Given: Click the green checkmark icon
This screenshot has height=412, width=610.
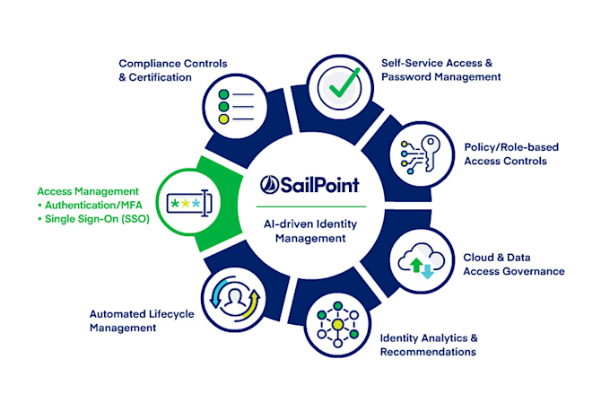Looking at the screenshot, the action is point(344,83).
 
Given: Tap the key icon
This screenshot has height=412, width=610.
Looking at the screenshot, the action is point(431,153).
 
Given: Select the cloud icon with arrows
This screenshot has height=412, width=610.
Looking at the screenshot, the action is point(422,260).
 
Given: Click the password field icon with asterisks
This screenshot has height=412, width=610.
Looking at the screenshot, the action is point(190,203).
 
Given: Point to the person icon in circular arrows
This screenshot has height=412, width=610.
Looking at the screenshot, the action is point(235,299).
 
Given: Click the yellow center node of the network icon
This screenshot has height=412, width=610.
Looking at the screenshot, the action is point(337,324).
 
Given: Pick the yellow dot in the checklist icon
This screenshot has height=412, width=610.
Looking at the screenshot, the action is point(223,118).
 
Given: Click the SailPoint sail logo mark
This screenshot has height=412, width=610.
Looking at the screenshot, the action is point(269,185).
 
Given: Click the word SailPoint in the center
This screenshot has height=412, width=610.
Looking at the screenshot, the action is point(319,185).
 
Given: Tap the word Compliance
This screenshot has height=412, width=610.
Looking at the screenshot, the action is point(150,64).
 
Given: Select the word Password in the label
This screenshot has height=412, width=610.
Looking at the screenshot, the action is point(406,76).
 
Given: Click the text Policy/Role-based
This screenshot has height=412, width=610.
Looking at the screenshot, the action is point(511,147).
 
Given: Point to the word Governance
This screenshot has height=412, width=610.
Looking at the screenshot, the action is point(539,271).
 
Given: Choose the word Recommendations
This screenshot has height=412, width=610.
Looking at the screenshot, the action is point(428,352).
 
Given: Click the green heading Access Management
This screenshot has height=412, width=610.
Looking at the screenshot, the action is point(88,191).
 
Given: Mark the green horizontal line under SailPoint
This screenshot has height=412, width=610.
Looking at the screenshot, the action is point(311,206).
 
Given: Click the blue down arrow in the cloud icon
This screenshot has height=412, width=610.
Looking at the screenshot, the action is point(428,272).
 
